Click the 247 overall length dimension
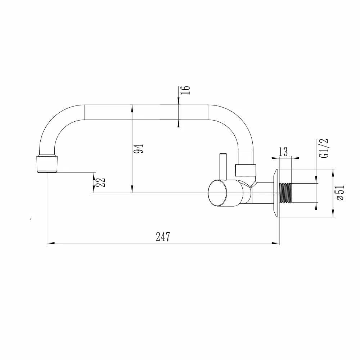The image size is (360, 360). tap(163, 237)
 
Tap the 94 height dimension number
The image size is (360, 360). tap(139, 149)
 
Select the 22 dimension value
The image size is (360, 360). tap(100, 183)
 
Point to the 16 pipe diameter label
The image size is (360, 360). tap(185, 90)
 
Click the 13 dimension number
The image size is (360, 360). tap(283, 152)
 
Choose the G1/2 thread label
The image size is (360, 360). tap(324, 148)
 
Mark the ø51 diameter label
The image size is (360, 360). tap(340, 193)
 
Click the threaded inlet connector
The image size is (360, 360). tap(285, 193)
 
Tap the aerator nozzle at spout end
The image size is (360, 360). tap(47, 164)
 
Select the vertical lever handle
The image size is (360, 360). tap(223, 167)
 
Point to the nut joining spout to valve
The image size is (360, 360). tap(246, 170)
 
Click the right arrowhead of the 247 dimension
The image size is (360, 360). tap(275, 243)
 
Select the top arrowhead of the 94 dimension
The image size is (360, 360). tap(132, 108)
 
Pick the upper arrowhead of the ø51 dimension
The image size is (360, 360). tap(333, 173)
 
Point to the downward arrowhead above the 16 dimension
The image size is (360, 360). tap(179, 101)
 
